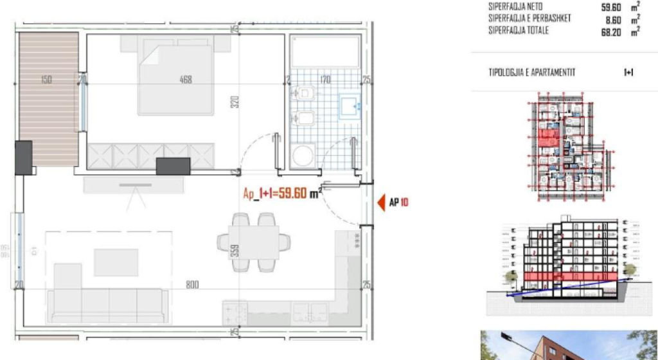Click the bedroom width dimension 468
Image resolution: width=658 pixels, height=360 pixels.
pos(186,80)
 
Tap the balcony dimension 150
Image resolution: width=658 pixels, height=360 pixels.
pos(46,80)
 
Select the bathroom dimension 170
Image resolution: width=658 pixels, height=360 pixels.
pos(325,80)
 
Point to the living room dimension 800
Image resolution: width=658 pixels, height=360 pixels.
pos(191,284)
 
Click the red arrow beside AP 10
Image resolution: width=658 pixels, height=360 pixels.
pos(380,203)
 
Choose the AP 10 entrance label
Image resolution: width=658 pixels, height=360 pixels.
pos(399,203)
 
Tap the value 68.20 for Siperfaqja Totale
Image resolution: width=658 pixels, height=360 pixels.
pos(610,31)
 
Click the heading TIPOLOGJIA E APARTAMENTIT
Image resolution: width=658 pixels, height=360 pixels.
pos(531,73)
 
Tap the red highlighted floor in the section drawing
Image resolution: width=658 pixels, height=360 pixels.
pos(559,277)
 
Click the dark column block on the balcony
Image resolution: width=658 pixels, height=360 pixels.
pos(23,157)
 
